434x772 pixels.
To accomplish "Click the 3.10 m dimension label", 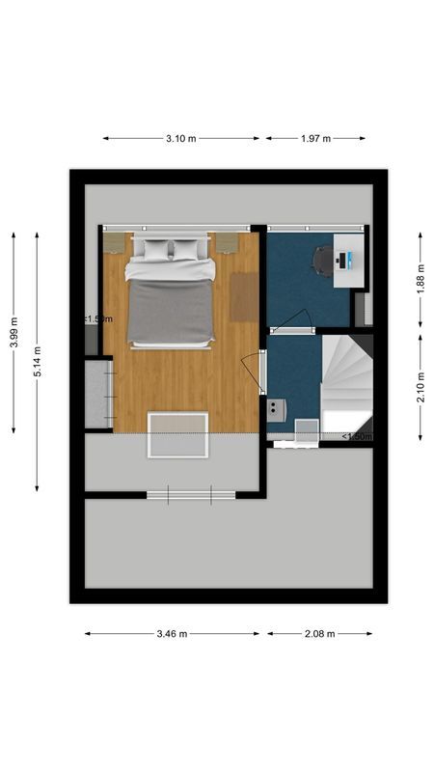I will [x=180, y=139].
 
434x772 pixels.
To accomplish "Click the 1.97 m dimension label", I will [x=315, y=139].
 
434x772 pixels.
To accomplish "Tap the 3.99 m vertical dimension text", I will [x=14, y=333].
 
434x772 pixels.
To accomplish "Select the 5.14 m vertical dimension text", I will [x=38, y=361].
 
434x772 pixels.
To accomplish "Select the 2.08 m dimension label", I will [x=319, y=634].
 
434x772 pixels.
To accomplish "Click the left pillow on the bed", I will [x=154, y=249].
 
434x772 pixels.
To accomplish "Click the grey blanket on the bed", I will [x=171, y=312].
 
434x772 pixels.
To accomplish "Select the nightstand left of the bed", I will [x=115, y=242].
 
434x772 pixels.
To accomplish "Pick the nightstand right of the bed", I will [x=227, y=242].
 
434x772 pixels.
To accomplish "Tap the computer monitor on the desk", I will [x=349, y=259].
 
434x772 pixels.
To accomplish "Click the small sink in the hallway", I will [x=277, y=409].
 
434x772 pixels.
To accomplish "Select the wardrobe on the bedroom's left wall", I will [x=97, y=394].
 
